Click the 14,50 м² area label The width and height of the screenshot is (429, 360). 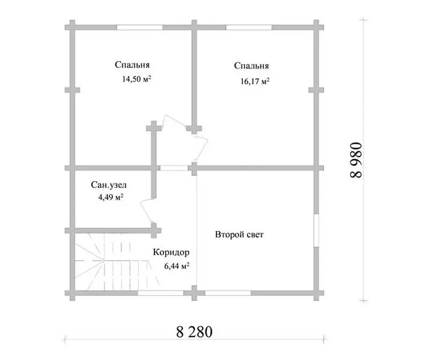[137, 79]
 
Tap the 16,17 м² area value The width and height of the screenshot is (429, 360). [255, 81]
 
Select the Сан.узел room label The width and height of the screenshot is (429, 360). [109, 185]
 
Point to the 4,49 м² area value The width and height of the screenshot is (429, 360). [110, 197]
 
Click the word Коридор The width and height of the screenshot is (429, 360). [171, 252]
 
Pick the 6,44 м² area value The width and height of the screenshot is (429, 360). [177, 266]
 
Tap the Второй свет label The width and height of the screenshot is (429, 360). [239, 235]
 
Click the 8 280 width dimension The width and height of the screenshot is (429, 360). [194, 332]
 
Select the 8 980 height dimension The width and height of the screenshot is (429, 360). [356, 160]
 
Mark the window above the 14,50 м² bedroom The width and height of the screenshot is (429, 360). [140, 27]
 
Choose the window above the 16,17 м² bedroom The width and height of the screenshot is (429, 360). [249, 27]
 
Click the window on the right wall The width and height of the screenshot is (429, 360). [316, 230]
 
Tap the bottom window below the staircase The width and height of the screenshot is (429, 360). [160, 293]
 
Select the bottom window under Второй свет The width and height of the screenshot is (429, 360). [228, 293]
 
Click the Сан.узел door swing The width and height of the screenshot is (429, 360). [146, 211]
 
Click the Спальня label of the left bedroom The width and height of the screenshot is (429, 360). [132, 65]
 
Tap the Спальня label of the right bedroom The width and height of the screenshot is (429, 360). [252, 66]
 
